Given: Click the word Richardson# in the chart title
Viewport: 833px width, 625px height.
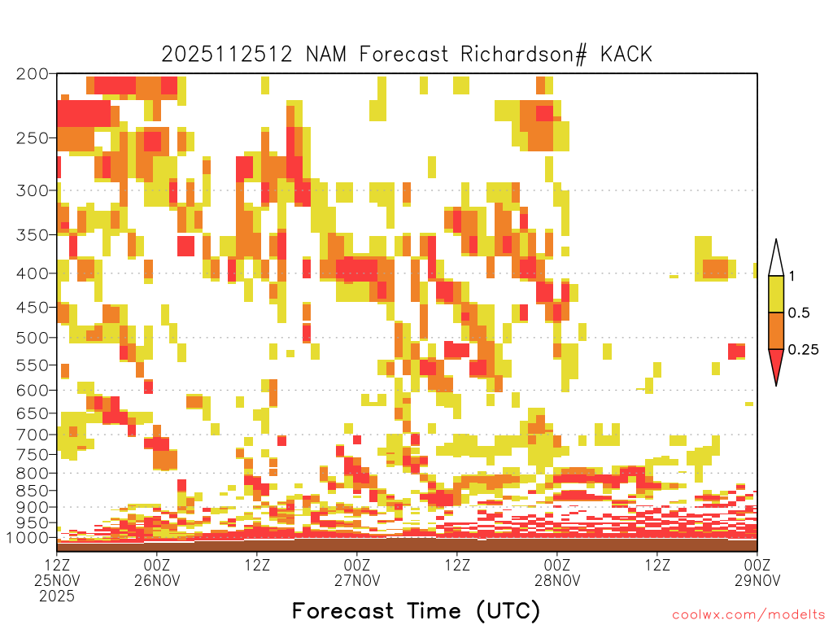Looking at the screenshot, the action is coord(524,55).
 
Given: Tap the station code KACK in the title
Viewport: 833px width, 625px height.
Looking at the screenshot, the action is coord(626,55).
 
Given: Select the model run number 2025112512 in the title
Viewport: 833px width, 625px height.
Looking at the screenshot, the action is coord(227,55).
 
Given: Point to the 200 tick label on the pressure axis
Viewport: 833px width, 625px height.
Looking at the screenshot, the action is coord(33,74).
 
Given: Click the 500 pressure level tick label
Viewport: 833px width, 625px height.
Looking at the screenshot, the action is coord(33,338).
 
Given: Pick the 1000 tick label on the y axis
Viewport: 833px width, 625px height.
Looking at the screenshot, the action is coord(27,537).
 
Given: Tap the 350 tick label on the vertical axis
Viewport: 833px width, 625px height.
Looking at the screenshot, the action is coord(33,235).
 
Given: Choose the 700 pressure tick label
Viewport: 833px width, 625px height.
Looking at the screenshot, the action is coord(33,435).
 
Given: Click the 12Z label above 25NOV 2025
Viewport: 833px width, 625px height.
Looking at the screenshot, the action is coord(57,565).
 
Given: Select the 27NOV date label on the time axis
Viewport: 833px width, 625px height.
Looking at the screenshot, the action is coord(357,580).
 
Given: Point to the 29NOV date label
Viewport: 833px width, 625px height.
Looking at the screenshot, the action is coord(757,580).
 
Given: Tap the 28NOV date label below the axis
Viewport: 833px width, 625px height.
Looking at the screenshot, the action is coord(557,580).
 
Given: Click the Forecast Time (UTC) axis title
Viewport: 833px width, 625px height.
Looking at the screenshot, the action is coord(416,610).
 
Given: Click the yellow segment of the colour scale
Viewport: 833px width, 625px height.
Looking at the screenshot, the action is coord(776,294).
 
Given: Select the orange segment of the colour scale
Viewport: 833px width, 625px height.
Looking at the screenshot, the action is coord(776,330).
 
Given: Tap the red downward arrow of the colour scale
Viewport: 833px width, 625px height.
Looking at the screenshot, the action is coord(776,364).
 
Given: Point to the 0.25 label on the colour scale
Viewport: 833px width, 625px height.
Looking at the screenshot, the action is coord(803,350).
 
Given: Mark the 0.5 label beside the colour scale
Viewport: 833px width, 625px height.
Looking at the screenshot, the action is coord(799,313).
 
